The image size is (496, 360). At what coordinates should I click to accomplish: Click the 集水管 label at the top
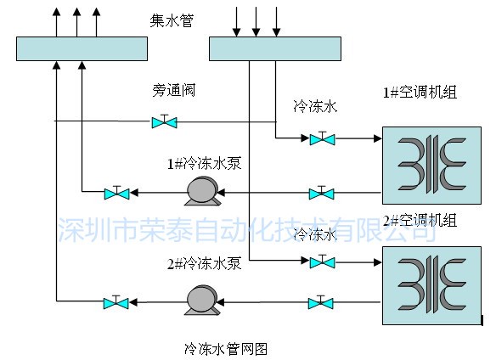tap(172, 21)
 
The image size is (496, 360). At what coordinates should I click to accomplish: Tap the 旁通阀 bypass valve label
tap(173, 90)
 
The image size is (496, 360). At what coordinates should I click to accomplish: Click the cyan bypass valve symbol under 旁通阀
tap(164, 121)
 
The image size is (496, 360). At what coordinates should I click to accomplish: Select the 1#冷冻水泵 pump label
tap(205, 164)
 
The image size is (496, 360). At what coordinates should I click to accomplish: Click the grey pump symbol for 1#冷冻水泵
tap(202, 191)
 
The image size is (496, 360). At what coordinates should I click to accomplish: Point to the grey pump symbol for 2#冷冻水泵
tap(202, 301)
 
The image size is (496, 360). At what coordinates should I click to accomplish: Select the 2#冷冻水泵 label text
tap(205, 263)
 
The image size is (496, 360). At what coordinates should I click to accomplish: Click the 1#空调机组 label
tap(420, 92)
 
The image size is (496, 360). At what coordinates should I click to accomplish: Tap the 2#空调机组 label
tap(420, 220)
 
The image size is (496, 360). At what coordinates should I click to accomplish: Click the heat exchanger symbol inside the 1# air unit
tap(431, 164)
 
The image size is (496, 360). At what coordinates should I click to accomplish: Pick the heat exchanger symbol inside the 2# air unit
tap(431, 284)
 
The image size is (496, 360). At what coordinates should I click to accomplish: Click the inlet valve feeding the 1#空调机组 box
tap(322, 138)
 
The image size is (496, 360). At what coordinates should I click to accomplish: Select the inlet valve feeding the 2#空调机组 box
tap(322, 262)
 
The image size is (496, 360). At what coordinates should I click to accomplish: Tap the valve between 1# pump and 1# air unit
tap(321, 193)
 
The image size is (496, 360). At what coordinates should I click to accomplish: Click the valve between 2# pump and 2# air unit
tap(321, 303)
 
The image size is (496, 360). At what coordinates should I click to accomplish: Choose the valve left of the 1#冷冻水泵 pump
tap(116, 193)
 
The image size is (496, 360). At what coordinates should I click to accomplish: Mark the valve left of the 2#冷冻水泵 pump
tap(116, 302)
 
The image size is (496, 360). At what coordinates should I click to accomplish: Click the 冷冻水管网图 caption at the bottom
tap(226, 349)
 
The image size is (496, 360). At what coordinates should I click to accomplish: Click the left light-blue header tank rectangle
tap(82, 48)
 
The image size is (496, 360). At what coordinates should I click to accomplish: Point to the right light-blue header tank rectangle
tap(275, 48)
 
